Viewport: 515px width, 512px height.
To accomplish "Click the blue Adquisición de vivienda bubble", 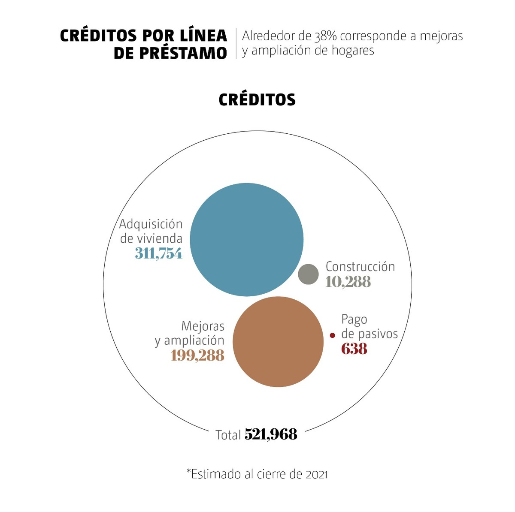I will tap(247, 240).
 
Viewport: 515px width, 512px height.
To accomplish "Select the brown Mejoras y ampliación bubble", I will tap(278, 342).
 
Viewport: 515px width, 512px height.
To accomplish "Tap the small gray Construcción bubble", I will tap(309, 274).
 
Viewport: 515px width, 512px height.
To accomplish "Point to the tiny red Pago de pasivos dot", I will tap(332, 335).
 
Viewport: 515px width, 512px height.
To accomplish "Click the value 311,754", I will tap(158, 253).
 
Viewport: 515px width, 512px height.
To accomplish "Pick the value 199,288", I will tap(197, 355).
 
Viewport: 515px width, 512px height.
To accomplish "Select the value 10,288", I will tap(348, 282).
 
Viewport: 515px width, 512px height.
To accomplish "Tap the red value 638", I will tap(354, 349).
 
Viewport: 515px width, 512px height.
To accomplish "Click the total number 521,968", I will tap(271, 434).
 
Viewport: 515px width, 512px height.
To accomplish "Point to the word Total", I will tap(228, 435).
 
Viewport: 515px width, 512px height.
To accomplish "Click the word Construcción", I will tap(360, 267).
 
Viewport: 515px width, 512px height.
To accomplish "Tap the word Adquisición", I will tap(151, 224).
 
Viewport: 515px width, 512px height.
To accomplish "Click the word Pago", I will tap(354, 319).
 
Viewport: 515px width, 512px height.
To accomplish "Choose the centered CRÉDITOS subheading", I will tap(257, 99).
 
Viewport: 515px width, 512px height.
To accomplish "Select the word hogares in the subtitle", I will tap(353, 51).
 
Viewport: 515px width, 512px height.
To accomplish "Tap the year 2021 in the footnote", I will tap(317, 474).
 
